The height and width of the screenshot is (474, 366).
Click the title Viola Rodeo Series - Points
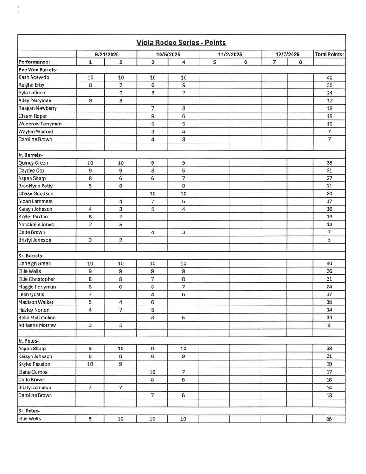pos(181,43)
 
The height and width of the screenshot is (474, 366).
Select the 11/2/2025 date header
pos(230,54)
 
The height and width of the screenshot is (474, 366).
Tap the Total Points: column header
pos(329,54)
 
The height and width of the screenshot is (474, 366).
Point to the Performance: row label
pos(34,62)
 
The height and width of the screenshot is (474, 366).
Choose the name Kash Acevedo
pos(34,77)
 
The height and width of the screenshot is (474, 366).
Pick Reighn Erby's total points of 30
pos(329,85)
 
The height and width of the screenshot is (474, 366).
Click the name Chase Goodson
pos(36,193)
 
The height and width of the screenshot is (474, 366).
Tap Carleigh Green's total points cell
pos(329,263)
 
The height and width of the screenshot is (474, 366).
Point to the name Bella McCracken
pos(37,318)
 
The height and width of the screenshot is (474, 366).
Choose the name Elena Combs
pos(33,372)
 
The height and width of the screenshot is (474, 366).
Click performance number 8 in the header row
pos(300,62)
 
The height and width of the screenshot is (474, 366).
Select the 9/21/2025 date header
pos(106,54)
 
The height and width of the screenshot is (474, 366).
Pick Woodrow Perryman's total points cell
pos(329,124)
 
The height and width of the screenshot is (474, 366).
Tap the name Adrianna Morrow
pos(37,325)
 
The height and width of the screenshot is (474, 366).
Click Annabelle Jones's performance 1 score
pos(90,225)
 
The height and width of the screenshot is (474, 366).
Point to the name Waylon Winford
pos(36,131)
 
